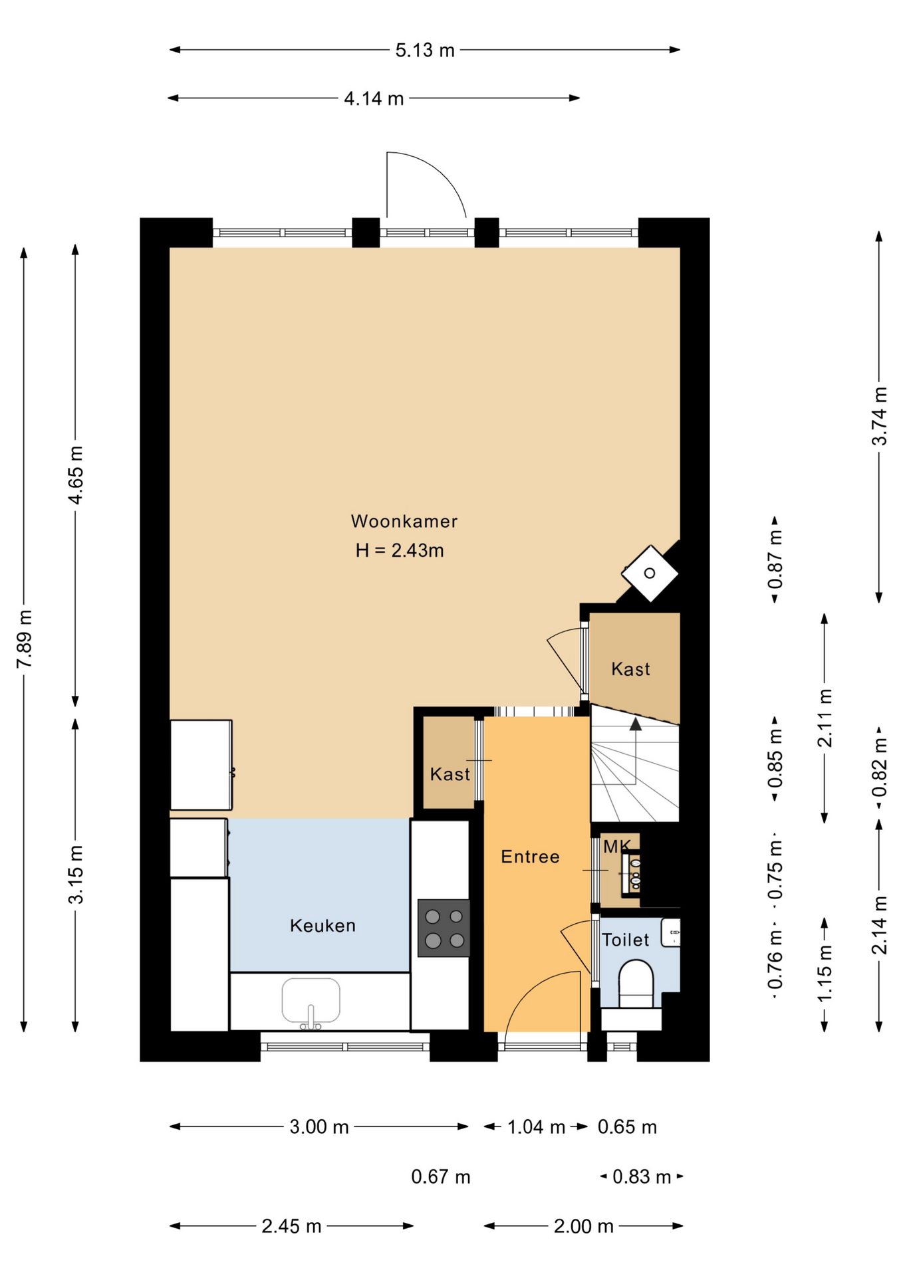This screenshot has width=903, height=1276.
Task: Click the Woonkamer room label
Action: (x=404, y=521)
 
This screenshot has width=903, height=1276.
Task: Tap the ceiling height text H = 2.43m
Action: (x=400, y=550)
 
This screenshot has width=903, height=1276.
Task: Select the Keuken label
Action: (x=322, y=926)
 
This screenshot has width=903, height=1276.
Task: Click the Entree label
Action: (x=530, y=857)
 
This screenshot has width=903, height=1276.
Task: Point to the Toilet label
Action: (x=625, y=940)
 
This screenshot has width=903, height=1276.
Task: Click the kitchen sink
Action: (x=311, y=1003)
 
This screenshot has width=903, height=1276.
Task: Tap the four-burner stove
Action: (x=444, y=928)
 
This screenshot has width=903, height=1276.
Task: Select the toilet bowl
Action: (x=636, y=984)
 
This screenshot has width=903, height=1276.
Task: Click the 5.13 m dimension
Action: (x=425, y=50)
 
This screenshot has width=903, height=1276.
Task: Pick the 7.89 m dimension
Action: (x=24, y=639)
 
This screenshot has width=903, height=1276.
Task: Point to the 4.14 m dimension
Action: (x=374, y=98)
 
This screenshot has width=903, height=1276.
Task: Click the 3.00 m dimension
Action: (x=319, y=1126)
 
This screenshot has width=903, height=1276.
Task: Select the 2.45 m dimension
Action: (x=291, y=1226)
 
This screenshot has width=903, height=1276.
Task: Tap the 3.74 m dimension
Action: (x=880, y=416)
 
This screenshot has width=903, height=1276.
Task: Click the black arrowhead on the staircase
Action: (x=636, y=724)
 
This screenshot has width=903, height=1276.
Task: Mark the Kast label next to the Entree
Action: (x=450, y=774)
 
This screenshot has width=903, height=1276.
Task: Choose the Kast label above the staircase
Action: (x=630, y=669)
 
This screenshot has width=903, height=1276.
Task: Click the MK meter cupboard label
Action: (x=617, y=847)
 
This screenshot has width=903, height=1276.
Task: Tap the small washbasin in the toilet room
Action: (x=670, y=933)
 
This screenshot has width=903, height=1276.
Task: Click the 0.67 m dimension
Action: (x=441, y=1177)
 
